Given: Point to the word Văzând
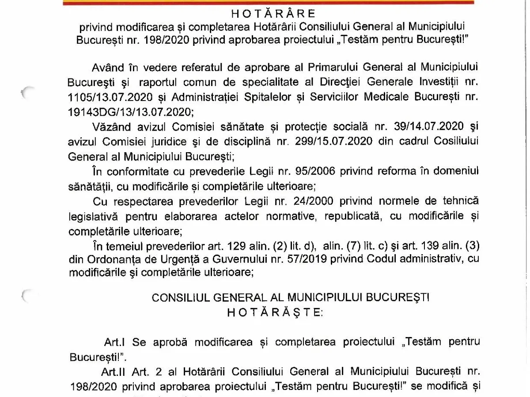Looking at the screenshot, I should (112, 127).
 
